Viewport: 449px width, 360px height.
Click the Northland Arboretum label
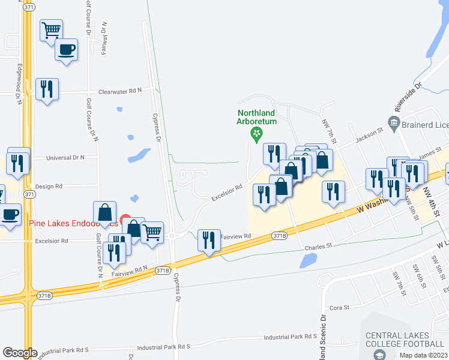[x=256, y=116]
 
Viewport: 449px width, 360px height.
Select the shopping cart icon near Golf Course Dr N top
[x=52, y=29]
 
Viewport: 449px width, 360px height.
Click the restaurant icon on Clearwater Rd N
[x=47, y=89]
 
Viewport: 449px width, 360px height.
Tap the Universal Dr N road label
[x=66, y=157]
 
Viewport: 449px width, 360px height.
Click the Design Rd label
[x=49, y=187]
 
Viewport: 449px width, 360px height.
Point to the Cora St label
[x=339, y=307]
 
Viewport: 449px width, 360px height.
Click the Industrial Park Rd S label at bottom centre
[x=163, y=347]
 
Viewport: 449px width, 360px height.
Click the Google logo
[x=20, y=353]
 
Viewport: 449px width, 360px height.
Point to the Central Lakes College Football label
[x=405, y=340]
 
